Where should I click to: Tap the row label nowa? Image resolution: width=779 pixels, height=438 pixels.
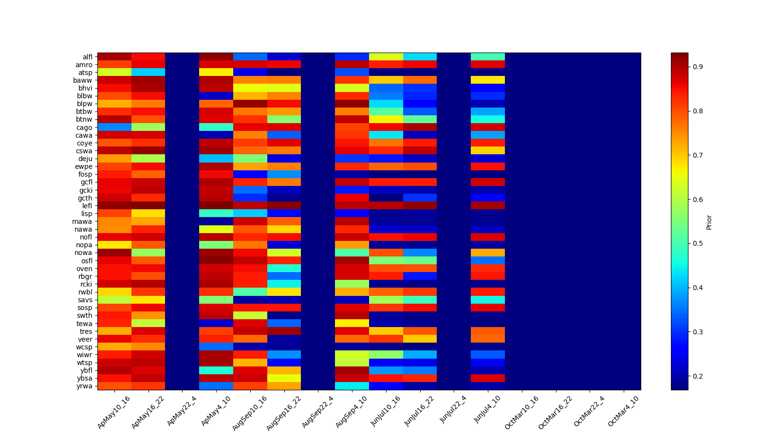pyautogui.click(x=83, y=253)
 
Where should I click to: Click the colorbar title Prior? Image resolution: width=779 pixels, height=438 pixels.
pyautogui.click(x=709, y=222)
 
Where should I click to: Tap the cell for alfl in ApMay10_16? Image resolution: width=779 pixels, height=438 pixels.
pyautogui.click(x=114, y=56)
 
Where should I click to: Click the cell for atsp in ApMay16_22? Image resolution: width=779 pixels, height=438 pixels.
pyautogui.click(x=148, y=72)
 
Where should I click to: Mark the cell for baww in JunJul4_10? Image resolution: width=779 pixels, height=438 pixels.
pyautogui.click(x=488, y=80)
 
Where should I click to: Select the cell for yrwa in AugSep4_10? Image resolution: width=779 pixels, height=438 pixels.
pyautogui.click(x=352, y=386)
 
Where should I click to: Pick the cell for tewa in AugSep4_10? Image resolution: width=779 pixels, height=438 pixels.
pyautogui.click(x=352, y=323)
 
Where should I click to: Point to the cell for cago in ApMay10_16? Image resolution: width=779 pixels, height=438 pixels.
pyautogui.click(x=114, y=127)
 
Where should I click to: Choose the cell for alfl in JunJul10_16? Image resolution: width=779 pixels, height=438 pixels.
pyautogui.click(x=386, y=56)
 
